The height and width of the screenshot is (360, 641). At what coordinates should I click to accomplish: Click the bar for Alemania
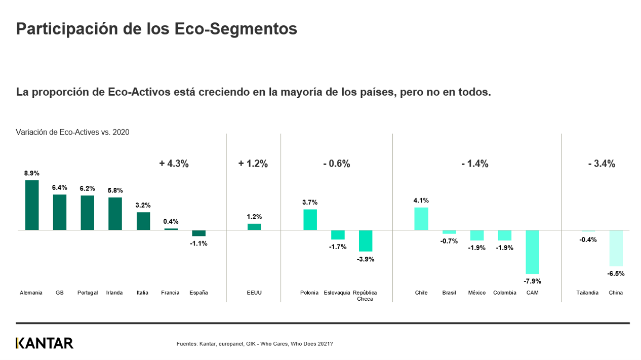pyautogui.click(x=32, y=205)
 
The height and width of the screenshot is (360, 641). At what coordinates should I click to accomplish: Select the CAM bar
pyautogui.click(x=532, y=252)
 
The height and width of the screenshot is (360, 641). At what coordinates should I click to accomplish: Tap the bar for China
pyautogui.click(x=616, y=248)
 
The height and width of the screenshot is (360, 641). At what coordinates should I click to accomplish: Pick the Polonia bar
pyautogui.click(x=310, y=220)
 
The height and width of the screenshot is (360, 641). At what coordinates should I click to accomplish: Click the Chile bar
pyautogui.click(x=421, y=219)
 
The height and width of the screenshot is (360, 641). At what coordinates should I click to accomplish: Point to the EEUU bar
pyautogui.click(x=254, y=227)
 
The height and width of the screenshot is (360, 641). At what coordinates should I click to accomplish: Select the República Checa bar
pyautogui.click(x=366, y=241)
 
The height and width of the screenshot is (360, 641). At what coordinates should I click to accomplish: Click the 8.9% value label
pyautogui.click(x=32, y=173)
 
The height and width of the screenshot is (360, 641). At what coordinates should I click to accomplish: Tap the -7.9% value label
pyautogui.click(x=532, y=281)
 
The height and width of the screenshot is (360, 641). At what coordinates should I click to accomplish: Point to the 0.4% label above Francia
pyautogui.click(x=171, y=221)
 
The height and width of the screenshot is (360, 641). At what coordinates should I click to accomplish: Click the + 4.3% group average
pyautogui.click(x=174, y=164)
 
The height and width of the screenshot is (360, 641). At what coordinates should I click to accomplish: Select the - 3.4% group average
pyautogui.click(x=602, y=164)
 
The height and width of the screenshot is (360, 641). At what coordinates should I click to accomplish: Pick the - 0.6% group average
pyautogui.click(x=336, y=164)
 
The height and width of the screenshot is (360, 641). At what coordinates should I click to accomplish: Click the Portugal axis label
pyautogui.click(x=88, y=293)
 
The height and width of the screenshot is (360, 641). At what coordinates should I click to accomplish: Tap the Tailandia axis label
pyautogui.click(x=587, y=293)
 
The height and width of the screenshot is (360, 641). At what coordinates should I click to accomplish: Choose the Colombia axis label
pyautogui.click(x=505, y=293)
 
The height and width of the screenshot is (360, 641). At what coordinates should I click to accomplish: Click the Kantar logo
pyautogui.click(x=45, y=343)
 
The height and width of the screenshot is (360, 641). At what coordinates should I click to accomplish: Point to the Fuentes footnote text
pyautogui.click(x=254, y=344)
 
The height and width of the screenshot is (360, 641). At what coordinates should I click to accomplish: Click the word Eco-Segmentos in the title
pyautogui.click(x=235, y=29)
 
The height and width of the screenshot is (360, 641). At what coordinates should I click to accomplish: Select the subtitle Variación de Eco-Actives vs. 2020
pyautogui.click(x=72, y=132)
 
